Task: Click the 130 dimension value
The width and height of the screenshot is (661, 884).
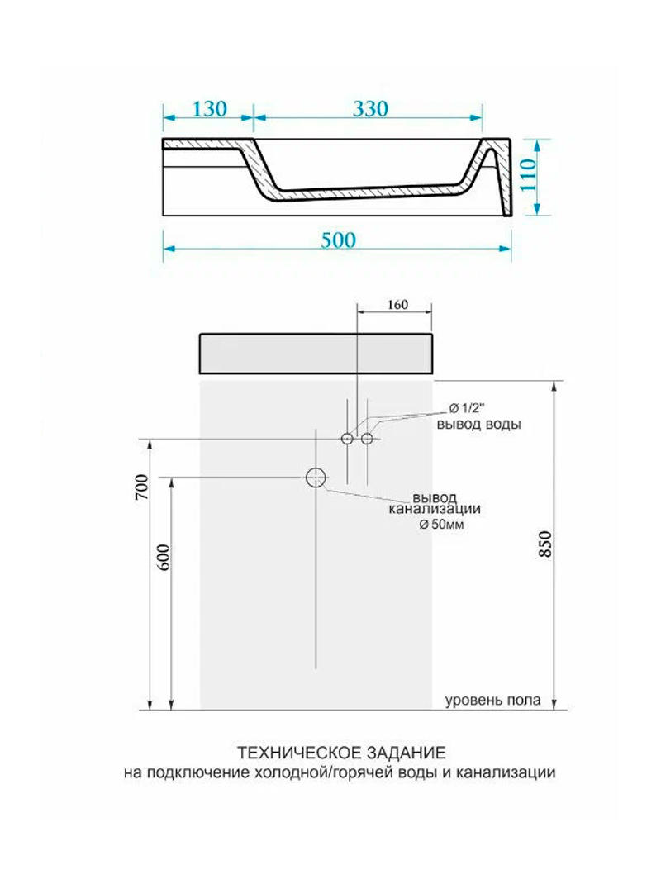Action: [x=209, y=108]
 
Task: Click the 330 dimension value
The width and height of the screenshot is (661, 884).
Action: [x=370, y=108]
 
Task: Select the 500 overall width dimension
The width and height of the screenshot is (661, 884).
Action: [x=339, y=240]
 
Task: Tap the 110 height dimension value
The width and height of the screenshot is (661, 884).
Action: [x=528, y=175]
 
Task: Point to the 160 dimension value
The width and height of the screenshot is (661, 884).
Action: [x=397, y=304]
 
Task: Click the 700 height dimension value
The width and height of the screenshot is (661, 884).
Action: [x=141, y=487]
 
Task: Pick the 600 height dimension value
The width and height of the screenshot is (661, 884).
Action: [x=163, y=557]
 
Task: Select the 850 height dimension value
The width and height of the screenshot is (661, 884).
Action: [x=545, y=544]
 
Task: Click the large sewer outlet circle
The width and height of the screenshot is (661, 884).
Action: [x=316, y=478]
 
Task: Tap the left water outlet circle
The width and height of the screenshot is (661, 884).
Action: [x=347, y=438]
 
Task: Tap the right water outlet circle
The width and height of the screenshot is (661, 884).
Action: [x=367, y=438]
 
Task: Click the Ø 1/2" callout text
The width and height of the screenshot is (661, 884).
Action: [x=468, y=408]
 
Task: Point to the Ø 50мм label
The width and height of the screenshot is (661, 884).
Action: [x=441, y=525]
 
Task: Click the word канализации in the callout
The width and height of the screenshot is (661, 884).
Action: [x=435, y=509]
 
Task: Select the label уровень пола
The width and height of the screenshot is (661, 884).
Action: [x=493, y=701]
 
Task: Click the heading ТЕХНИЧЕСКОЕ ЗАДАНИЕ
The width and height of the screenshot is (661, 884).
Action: [x=341, y=753]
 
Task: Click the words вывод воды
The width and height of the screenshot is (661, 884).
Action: [x=479, y=424]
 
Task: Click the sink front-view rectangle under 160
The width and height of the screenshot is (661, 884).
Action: [x=316, y=354]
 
